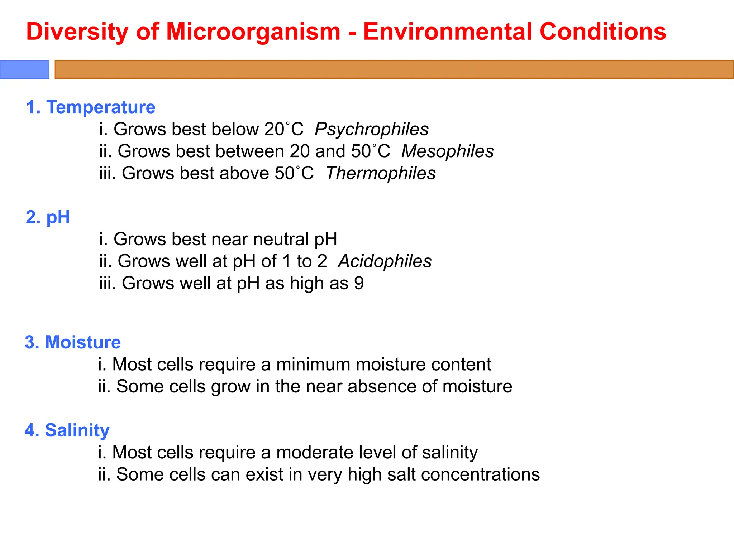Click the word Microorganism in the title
[253, 32]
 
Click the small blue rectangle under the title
[24, 69]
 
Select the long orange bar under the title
[394, 69]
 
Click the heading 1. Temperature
[91, 107]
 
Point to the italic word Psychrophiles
[371, 129]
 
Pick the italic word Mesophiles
[447, 151]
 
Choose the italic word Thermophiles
[381, 173]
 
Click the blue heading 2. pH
[48, 217]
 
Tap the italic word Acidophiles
[385, 261]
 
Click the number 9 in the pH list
[359, 283]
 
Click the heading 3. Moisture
[73, 342]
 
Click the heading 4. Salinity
[67, 430]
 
